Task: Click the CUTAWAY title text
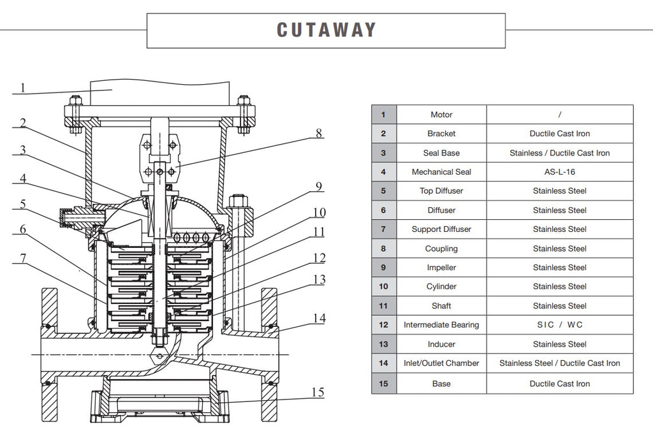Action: tap(326, 30)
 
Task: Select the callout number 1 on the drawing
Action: tap(22, 87)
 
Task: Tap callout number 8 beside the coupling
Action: tap(319, 134)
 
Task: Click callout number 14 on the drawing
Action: tap(319, 318)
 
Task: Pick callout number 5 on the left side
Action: tap(22, 205)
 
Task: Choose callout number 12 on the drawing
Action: tap(319, 258)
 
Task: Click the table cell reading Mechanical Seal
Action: tap(441, 172)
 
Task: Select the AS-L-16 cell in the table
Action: tap(559, 172)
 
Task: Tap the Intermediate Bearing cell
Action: tap(441, 325)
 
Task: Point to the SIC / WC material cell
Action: tap(559, 325)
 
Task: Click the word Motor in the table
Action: tap(441, 115)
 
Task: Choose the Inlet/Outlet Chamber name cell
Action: tap(441, 363)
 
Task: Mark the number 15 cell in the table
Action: tap(383, 384)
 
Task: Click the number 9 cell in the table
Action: tap(383, 268)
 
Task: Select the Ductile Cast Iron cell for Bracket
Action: tap(559, 134)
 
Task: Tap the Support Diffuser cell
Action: tap(441, 229)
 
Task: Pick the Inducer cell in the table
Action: tap(441, 344)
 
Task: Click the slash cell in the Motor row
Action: tap(559, 115)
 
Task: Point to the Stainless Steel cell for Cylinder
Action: tap(559, 287)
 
